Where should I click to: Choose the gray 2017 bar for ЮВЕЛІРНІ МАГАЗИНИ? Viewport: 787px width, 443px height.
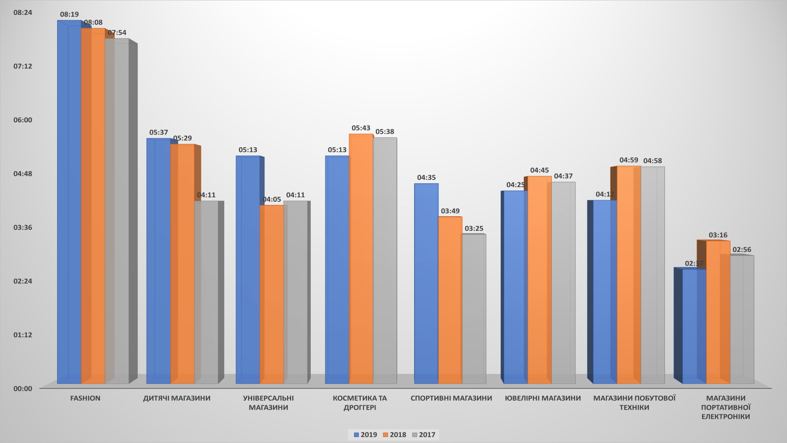coord(563,283)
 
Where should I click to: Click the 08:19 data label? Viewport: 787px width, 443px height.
coord(69,14)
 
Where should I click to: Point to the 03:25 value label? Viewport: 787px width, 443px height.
coord(474,228)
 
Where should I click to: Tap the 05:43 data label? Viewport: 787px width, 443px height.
coord(361,128)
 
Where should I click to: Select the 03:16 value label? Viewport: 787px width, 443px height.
coord(718,235)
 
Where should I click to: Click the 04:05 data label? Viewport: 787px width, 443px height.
coord(271,199)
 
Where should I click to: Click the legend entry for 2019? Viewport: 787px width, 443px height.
coord(365,435)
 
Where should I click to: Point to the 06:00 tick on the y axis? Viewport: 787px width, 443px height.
coord(23,120)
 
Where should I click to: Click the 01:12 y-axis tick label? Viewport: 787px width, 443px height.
coord(23,335)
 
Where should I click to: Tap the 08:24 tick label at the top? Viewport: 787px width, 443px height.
coord(23,12)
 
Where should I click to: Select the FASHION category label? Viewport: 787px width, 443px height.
coord(85,398)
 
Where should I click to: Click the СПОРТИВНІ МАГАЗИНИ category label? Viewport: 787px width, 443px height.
coord(451,398)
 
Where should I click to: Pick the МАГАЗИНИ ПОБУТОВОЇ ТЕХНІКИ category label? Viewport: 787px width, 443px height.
coord(634,402)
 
